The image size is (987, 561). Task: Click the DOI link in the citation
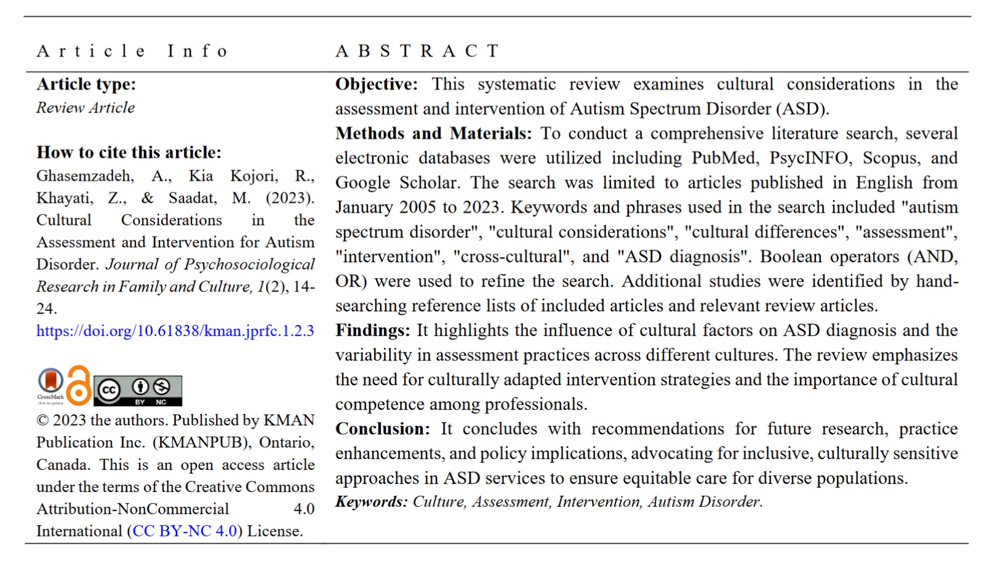pyautogui.click(x=175, y=331)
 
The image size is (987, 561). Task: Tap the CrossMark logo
pyautogui.click(x=50, y=386)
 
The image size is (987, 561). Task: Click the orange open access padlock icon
pyautogui.click(x=79, y=386)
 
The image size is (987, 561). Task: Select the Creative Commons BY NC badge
pyautogui.click(x=138, y=390)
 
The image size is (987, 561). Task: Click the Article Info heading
pyautogui.click(x=132, y=51)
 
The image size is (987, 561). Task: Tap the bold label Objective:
pyautogui.click(x=376, y=84)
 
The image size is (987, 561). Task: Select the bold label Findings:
pyautogui.click(x=372, y=330)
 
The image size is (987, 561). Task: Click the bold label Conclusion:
pyautogui.click(x=382, y=429)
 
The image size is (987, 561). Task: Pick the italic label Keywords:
pyautogui.click(x=371, y=502)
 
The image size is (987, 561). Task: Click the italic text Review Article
pyautogui.click(x=86, y=108)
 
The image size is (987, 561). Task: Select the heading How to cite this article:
pyautogui.click(x=129, y=152)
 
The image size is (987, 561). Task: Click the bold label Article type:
pyautogui.click(x=86, y=84)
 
